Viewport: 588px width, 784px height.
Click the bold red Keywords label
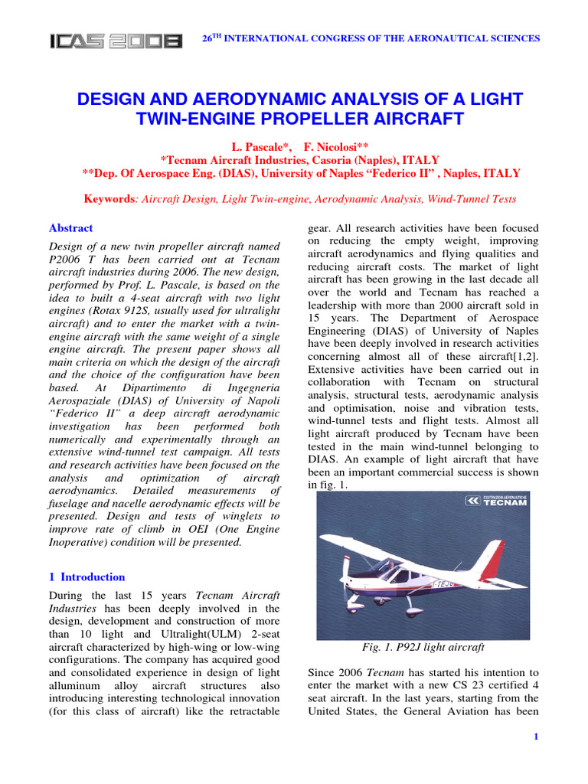(109, 199)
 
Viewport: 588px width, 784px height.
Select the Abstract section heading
(70, 228)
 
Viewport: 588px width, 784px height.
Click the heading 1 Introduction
(87, 577)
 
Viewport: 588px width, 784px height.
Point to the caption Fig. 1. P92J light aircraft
(423, 647)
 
